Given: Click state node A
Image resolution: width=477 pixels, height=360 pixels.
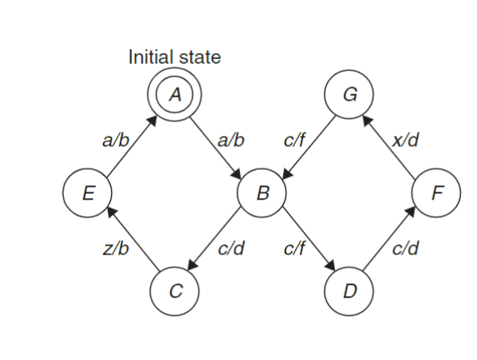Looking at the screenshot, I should pyautogui.click(x=175, y=94).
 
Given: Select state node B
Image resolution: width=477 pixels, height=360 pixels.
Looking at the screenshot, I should pyautogui.click(x=261, y=192).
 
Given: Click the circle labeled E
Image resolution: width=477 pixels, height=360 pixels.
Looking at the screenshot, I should pyautogui.click(x=88, y=192).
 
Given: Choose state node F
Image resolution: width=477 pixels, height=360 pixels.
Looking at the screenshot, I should pyautogui.click(x=436, y=192).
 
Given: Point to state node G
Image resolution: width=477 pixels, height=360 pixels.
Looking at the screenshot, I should pyautogui.click(x=349, y=94).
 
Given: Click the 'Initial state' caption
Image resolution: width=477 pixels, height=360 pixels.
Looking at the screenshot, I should pyautogui.click(x=175, y=57).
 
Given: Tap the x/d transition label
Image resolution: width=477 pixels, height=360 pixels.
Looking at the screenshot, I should pyautogui.click(x=406, y=140).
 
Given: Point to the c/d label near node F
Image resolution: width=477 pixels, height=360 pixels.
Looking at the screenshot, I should pyautogui.click(x=406, y=249).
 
